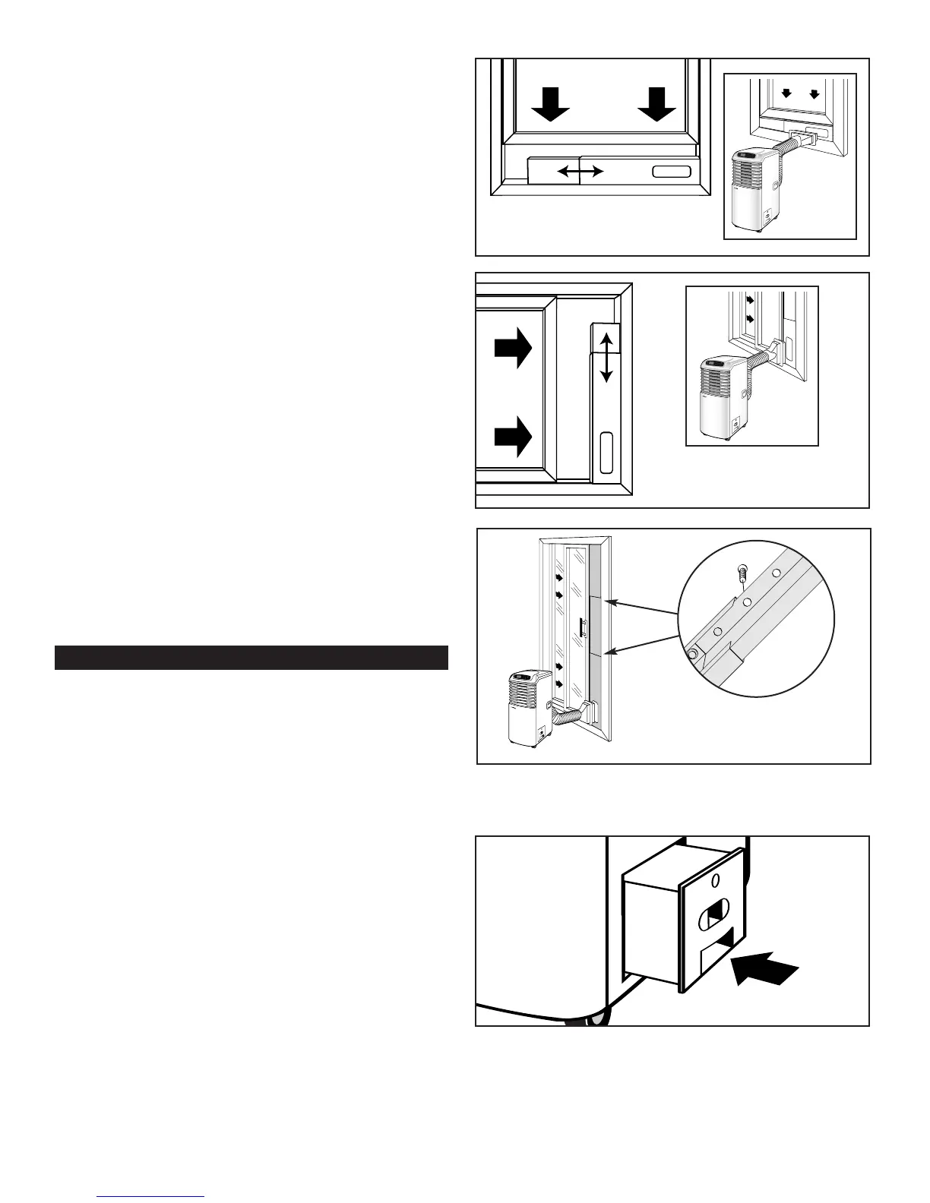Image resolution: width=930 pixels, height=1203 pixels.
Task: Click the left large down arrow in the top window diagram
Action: click(550, 104)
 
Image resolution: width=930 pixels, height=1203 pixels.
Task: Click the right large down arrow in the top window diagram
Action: click(657, 104)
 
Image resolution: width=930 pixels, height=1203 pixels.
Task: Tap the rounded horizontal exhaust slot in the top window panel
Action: click(672, 172)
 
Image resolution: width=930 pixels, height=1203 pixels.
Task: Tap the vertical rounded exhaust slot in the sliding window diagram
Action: click(606, 453)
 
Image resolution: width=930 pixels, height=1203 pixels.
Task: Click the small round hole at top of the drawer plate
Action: click(715, 883)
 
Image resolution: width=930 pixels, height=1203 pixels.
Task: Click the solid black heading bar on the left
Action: click(251, 658)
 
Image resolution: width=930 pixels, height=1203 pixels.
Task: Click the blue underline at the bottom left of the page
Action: click(152, 1196)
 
